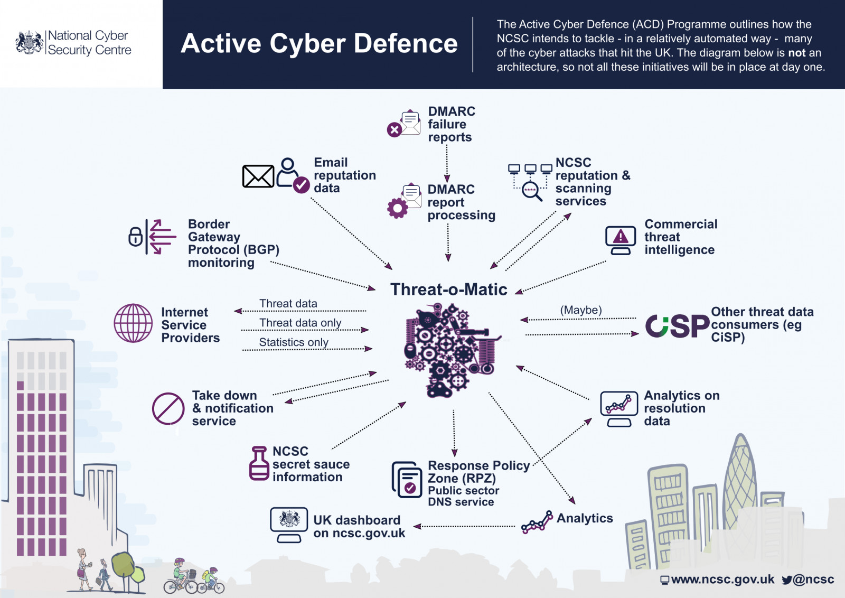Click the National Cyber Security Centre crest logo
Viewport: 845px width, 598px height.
pos(30,42)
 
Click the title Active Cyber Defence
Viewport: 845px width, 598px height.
pos(319,43)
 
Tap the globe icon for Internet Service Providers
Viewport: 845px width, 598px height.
pos(133,323)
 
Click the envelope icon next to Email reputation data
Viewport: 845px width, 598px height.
pos(258,176)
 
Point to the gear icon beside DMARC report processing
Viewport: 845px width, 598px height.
pos(397,208)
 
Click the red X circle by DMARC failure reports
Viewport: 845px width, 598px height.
pos(394,129)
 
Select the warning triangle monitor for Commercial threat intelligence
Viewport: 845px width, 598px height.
pos(621,238)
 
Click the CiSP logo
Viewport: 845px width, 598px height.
pos(677,326)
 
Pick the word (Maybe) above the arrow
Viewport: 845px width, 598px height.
pos(581,310)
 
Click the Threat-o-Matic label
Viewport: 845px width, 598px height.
pos(448,289)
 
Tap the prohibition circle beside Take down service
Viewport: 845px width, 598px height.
pos(168,408)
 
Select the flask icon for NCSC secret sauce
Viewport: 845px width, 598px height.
pos(259,463)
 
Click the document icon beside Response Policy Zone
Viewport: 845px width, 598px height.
pos(407,480)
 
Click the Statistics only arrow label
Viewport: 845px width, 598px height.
pos(294,342)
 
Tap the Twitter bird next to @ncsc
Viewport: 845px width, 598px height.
pos(787,580)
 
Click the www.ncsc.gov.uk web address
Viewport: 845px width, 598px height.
pos(722,580)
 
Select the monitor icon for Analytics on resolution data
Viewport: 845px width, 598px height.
pos(618,407)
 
